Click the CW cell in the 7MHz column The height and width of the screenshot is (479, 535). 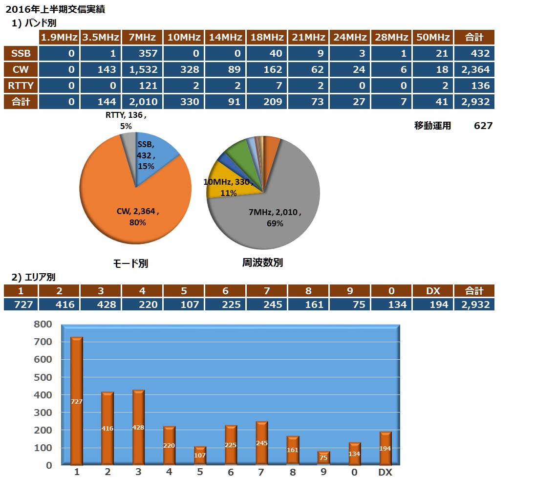click(x=143, y=69)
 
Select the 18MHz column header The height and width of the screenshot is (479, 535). click(x=267, y=37)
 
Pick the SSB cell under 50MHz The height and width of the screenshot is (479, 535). click(x=432, y=53)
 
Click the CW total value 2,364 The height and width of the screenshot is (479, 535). click(x=474, y=69)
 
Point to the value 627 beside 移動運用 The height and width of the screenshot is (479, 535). click(x=483, y=126)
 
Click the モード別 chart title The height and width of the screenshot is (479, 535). click(x=130, y=263)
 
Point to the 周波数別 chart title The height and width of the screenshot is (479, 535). click(x=262, y=262)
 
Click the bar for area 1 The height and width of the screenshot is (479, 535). click(x=77, y=401)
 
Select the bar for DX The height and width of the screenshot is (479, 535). click(x=385, y=448)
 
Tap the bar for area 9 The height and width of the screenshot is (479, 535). click(x=324, y=457)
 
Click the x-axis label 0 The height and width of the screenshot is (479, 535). click(x=354, y=472)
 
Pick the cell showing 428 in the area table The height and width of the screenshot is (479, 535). click(x=101, y=305)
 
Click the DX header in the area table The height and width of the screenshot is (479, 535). click(x=433, y=291)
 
